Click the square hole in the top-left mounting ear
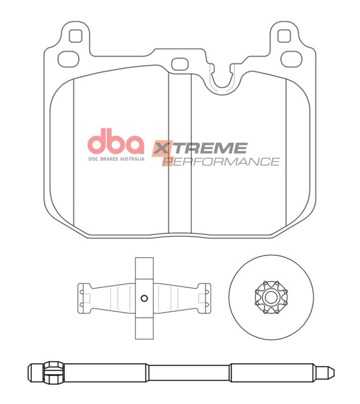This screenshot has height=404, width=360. pos(75,36)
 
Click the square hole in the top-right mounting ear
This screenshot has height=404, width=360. pos(284,36)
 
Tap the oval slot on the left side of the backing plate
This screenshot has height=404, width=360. pos(69,59)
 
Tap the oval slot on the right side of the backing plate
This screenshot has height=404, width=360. pos(290,57)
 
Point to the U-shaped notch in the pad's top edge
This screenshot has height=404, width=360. pos(223,81)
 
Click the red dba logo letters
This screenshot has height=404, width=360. pos(116,143)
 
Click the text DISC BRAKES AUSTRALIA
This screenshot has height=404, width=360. pos(116,159)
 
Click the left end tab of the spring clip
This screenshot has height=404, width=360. pos(83,297)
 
